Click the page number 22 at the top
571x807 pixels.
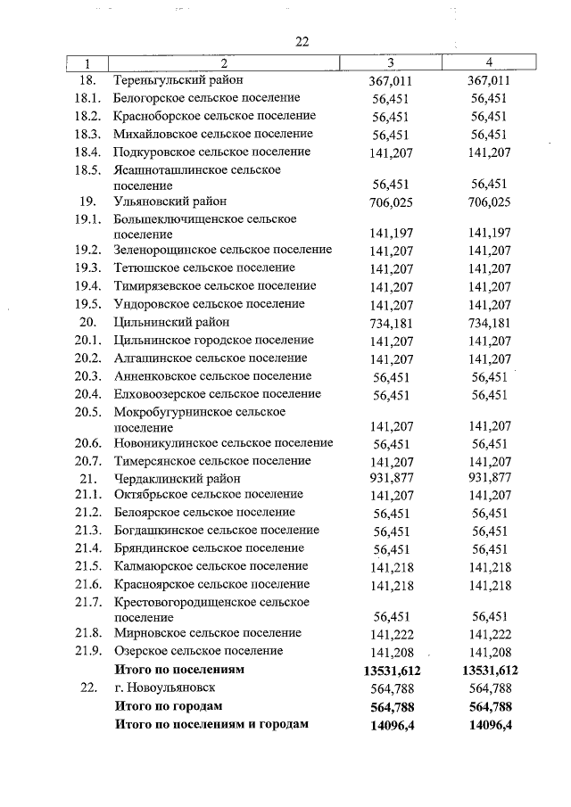click(x=302, y=43)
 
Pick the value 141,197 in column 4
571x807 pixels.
click(x=489, y=233)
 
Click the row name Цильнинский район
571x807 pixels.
click(x=171, y=322)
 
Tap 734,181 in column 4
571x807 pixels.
click(x=489, y=323)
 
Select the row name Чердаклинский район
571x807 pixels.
click(x=176, y=478)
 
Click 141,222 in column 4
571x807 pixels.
click(x=489, y=634)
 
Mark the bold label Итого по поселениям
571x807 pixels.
click(x=179, y=669)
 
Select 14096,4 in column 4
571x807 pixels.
click(x=489, y=724)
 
